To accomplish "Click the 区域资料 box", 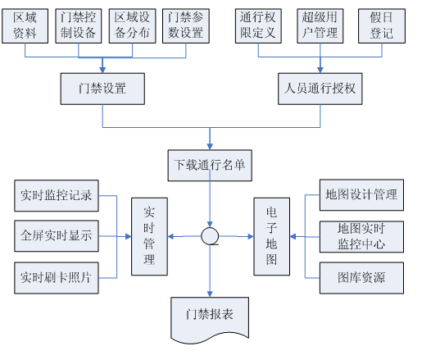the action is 25,26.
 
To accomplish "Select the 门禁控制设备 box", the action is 79,26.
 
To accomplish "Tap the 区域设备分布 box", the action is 132,26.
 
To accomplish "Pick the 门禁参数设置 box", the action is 186,26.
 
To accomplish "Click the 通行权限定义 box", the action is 258,26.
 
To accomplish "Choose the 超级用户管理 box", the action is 320,26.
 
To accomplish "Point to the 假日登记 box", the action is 382,26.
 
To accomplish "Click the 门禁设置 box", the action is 102,89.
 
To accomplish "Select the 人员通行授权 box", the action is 320,89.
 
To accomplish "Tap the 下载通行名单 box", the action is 210,166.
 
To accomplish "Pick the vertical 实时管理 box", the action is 149,236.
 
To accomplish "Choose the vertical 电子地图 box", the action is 271,236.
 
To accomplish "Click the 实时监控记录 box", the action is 57,195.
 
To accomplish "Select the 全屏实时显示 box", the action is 57,236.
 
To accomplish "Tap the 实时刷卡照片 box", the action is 57,278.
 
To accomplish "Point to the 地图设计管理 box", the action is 361,195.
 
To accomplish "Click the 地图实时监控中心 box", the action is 361,236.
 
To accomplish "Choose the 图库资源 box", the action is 361,278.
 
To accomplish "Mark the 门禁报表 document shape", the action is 210,317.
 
